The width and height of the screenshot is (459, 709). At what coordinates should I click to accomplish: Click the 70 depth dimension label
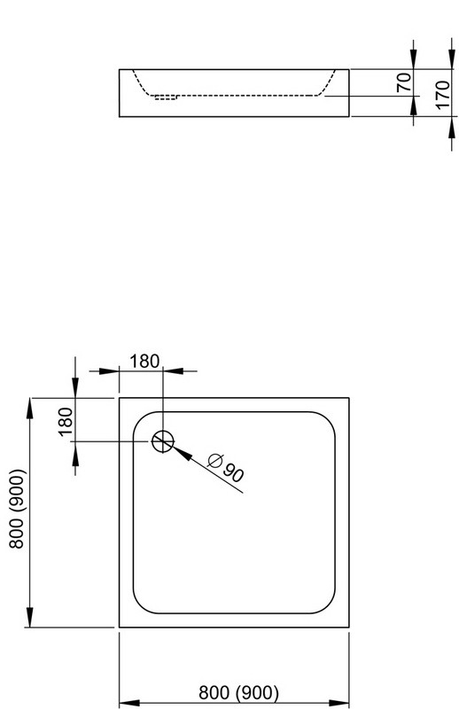(404, 82)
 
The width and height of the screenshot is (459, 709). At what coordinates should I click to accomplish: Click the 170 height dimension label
(443, 94)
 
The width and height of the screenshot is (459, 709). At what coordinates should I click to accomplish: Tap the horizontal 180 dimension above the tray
(144, 362)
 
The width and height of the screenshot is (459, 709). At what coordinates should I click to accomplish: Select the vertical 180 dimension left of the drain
(66, 421)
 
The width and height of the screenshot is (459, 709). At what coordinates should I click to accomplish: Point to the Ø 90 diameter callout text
(226, 467)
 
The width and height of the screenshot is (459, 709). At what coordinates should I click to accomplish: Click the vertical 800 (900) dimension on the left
(16, 509)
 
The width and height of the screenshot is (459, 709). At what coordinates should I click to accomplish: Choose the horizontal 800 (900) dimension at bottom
(238, 692)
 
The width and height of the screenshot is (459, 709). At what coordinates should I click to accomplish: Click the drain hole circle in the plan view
(163, 441)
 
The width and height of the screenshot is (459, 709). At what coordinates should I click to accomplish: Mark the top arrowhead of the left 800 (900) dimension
(30, 409)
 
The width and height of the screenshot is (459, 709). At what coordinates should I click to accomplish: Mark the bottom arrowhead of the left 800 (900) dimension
(30, 617)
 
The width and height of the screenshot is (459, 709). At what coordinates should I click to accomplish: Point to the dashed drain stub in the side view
(166, 97)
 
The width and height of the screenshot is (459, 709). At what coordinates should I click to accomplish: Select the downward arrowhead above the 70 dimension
(413, 58)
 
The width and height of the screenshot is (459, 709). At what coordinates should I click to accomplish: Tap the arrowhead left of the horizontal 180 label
(109, 371)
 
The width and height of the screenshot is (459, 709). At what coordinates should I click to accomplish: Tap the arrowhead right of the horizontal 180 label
(173, 371)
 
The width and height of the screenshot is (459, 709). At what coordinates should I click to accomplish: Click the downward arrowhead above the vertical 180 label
(75, 387)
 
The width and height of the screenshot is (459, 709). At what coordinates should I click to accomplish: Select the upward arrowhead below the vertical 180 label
(75, 452)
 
